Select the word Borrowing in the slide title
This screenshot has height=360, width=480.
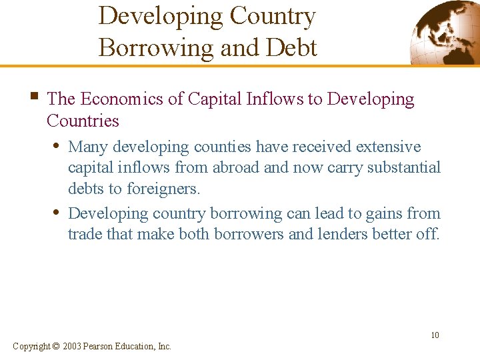(155, 47)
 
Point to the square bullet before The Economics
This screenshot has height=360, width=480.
(33, 98)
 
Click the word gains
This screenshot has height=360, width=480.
(369, 213)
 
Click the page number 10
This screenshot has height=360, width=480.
(435, 335)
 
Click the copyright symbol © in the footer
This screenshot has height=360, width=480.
(55, 346)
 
